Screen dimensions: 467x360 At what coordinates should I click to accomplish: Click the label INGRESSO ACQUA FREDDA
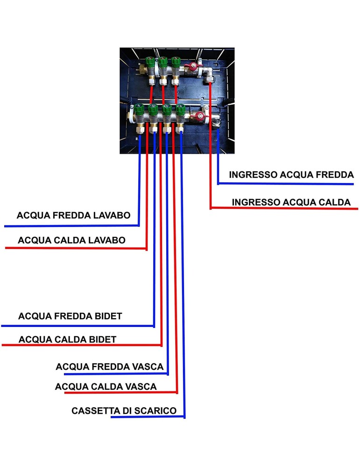[x=291, y=175]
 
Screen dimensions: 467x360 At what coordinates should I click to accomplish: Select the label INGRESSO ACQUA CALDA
[x=291, y=202]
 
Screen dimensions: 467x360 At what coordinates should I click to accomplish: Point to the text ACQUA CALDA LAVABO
[x=71, y=241]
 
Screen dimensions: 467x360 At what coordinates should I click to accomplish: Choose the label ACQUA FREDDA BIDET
[x=70, y=316]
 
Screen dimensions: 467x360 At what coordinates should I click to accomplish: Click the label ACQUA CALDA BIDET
[x=67, y=339]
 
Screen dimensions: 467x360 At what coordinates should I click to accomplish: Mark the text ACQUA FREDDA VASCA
[x=110, y=367]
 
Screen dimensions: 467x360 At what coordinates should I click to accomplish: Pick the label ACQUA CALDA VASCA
[x=106, y=387]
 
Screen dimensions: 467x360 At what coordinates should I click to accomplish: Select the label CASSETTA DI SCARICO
[x=124, y=411]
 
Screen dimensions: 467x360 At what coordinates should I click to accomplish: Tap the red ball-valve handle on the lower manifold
[x=199, y=117]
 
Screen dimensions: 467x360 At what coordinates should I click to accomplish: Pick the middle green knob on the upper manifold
[x=163, y=61]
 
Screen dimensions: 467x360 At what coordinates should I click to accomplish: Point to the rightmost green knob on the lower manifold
[x=180, y=110]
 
